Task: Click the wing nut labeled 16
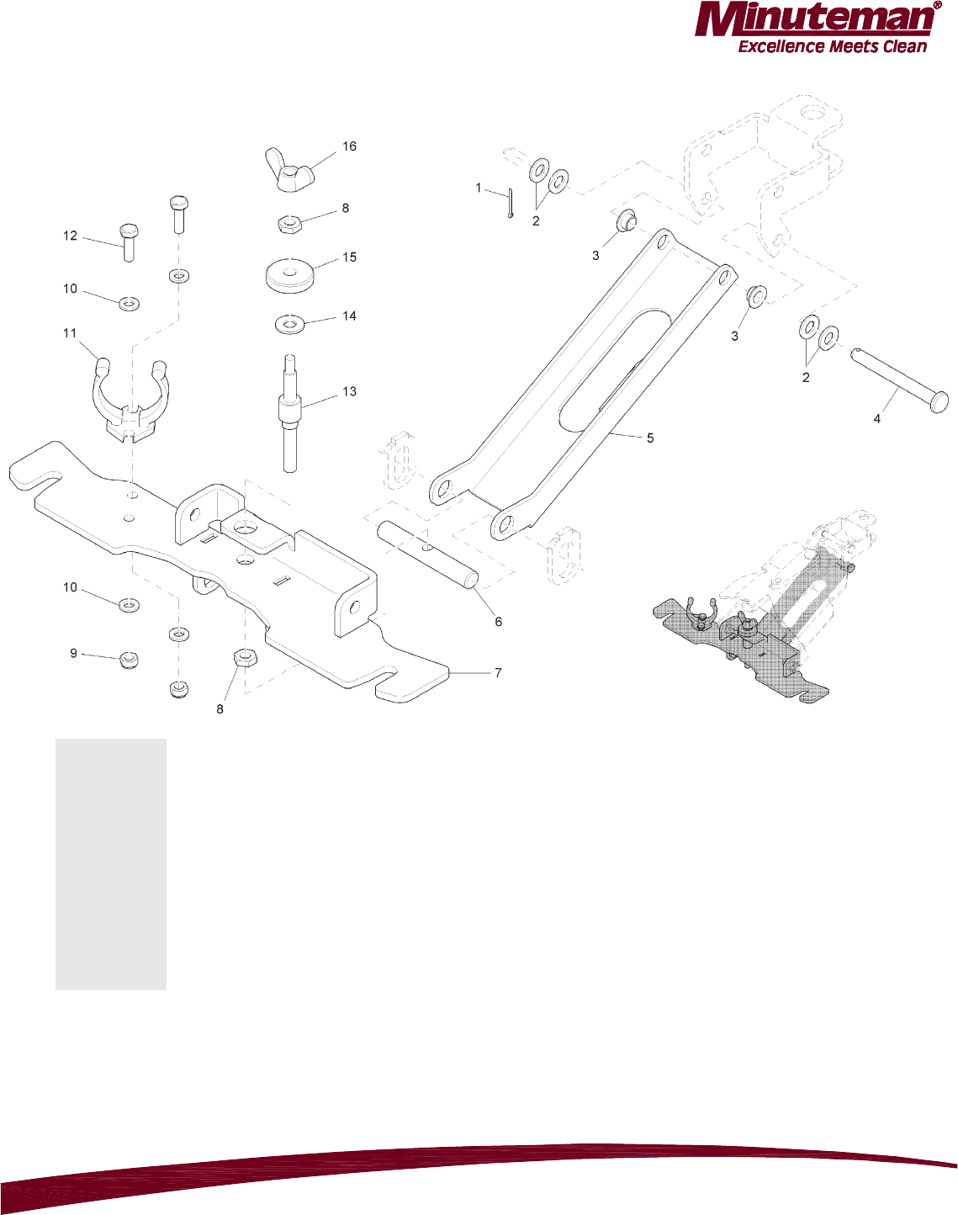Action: pyautogui.click(x=289, y=166)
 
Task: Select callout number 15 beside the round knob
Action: pyautogui.click(x=350, y=257)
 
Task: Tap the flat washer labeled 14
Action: pyautogui.click(x=290, y=323)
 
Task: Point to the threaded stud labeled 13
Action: pyautogui.click(x=290, y=412)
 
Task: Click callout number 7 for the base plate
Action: pyautogui.click(x=498, y=673)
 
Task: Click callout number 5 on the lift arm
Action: pyautogui.click(x=650, y=438)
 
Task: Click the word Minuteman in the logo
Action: pyautogui.click(x=812, y=20)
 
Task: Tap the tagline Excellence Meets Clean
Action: pyautogui.click(x=832, y=47)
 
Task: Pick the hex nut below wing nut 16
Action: pyautogui.click(x=291, y=223)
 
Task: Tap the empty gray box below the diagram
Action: pyautogui.click(x=111, y=864)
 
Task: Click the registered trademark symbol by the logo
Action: pyautogui.click(x=937, y=6)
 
